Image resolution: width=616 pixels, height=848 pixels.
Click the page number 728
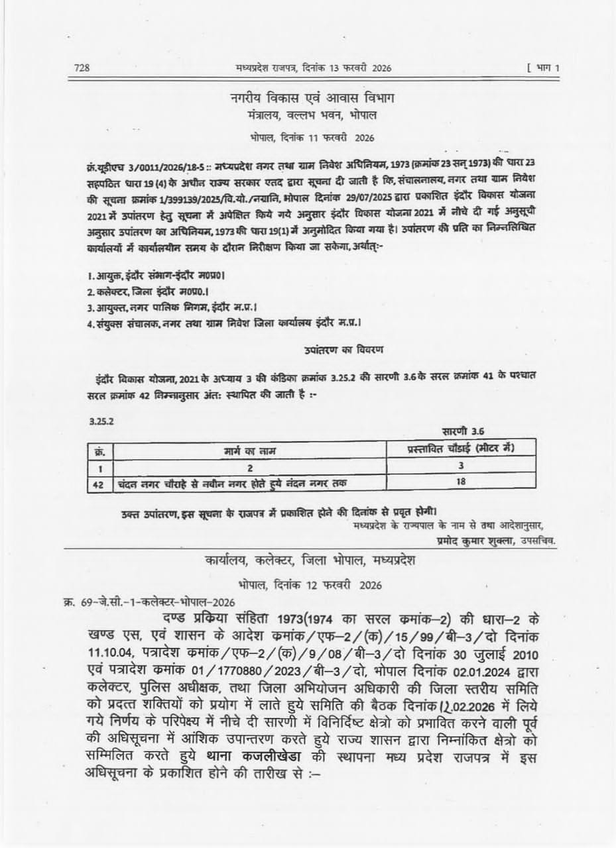83,67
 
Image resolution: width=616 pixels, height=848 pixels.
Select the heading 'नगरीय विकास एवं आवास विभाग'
312,99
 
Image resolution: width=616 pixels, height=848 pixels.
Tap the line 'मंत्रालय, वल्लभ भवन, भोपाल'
311,115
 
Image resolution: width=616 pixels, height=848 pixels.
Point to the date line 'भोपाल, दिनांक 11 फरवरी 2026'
312,138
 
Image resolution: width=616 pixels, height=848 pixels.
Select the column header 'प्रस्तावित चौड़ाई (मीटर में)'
461,450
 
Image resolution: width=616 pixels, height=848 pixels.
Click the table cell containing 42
98,484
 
